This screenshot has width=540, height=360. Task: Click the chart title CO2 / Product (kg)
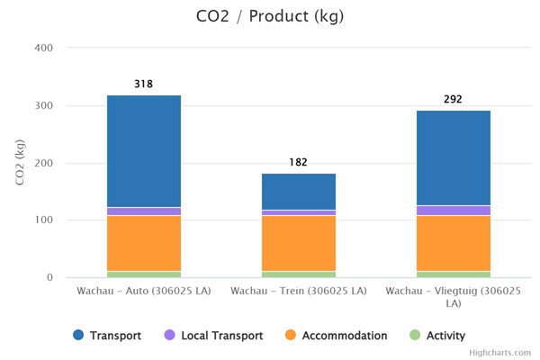(x=270, y=16)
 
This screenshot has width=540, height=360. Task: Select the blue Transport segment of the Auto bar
(x=144, y=151)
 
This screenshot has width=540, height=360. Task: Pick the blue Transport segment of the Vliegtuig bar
(x=454, y=157)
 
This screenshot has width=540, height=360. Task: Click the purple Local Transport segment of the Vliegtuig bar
(x=454, y=211)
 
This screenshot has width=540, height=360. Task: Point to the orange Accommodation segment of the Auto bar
(x=144, y=243)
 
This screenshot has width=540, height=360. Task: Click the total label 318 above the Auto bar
(x=144, y=85)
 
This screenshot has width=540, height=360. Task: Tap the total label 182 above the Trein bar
(x=299, y=162)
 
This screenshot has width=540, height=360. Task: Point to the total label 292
(x=454, y=99)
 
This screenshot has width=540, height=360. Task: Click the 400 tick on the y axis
(x=44, y=48)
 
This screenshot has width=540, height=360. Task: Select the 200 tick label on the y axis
(x=44, y=163)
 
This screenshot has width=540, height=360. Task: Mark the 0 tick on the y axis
(x=49, y=277)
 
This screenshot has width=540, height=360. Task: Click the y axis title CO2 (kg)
(x=21, y=163)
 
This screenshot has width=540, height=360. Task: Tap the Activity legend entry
(x=440, y=336)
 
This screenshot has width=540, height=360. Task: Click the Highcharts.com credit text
(x=505, y=354)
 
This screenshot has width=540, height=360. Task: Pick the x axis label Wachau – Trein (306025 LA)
(x=299, y=292)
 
